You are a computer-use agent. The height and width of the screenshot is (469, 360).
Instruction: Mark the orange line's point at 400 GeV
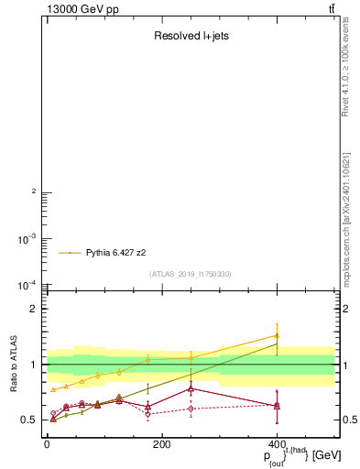click(x=277, y=335)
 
